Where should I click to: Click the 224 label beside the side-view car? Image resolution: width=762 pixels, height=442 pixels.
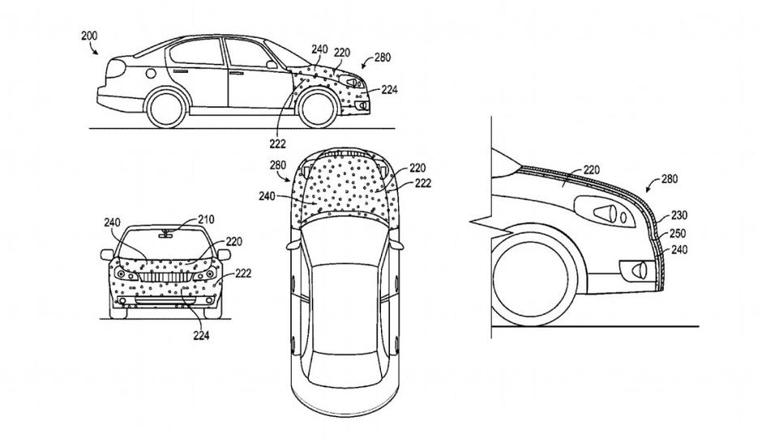pos(390,90)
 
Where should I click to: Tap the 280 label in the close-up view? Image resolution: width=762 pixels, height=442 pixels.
pos(670,178)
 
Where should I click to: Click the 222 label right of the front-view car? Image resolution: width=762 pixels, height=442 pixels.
pos(243,273)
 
